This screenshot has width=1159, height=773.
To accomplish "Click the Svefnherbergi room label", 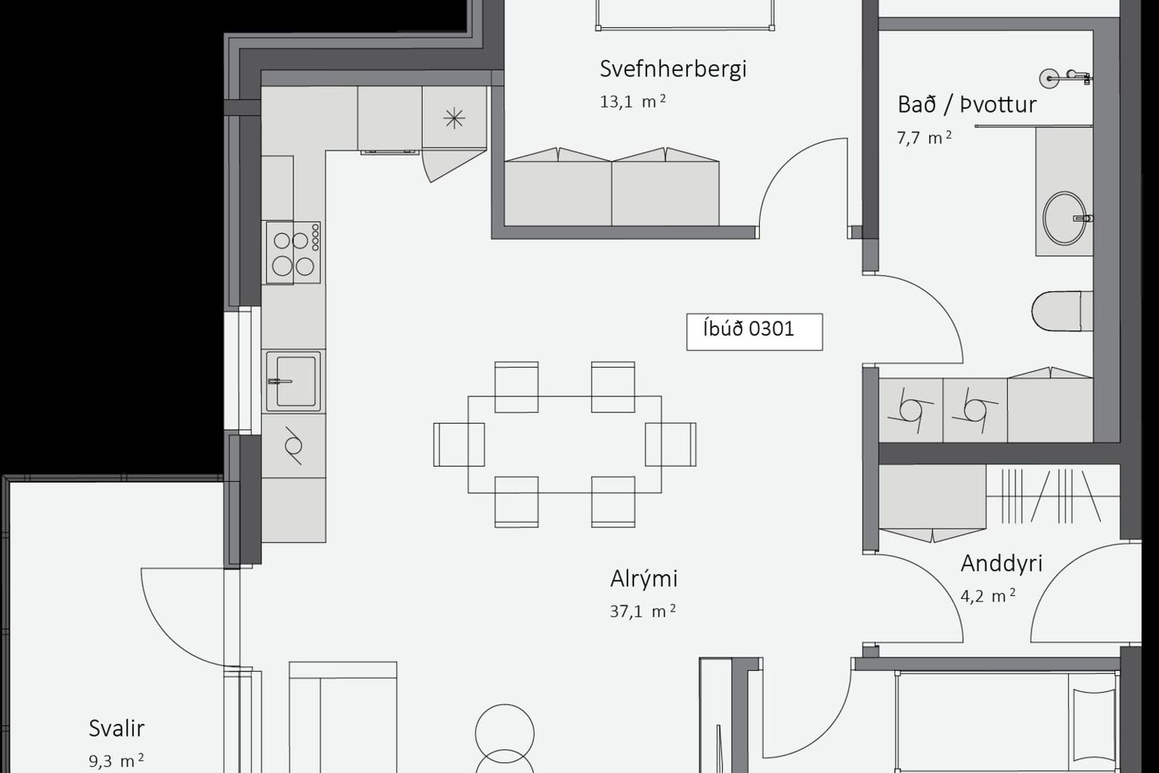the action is [x=673, y=69].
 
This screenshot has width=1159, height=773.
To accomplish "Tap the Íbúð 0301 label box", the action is [x=755, y=332].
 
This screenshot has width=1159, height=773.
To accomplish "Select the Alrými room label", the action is [x=644, y=579].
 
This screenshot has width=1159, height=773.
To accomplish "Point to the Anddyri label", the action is [x=1001, y=563].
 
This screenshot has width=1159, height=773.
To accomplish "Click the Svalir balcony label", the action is [x=117, y=728].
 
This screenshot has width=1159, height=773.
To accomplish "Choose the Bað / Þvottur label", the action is [x=967, y=104].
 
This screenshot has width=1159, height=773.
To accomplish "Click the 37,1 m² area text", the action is [x=643, y=611].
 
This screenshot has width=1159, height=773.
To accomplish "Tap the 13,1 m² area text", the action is [x=633, y=101].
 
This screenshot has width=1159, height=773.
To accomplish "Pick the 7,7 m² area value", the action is [x=924, y=138].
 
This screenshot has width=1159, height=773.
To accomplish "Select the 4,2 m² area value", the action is [x=988, y=596].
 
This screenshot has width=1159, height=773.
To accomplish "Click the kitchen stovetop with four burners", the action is [x=293, y=252].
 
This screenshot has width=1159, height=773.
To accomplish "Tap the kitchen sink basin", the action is [x=294, y=381].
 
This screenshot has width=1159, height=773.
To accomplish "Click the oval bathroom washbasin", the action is [x=1064, y=218].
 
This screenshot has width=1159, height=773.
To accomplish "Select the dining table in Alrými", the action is [x=564, y=444].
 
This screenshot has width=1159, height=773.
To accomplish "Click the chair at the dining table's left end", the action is [x=459, y=444].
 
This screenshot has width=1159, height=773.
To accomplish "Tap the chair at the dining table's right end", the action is [x=671, y=444].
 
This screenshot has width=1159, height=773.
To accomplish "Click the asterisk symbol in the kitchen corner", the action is [x=454, y=118].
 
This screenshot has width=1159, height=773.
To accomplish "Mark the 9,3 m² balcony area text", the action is [x=117, y=761].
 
